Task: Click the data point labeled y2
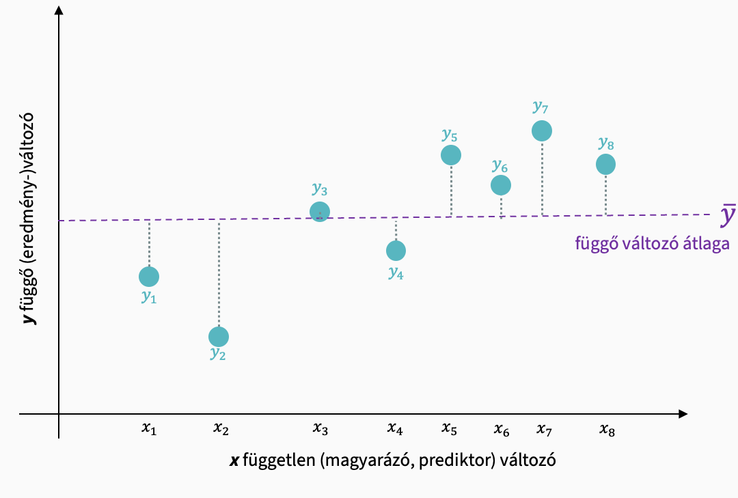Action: (x=219, y=337)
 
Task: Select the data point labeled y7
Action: (x=542, y=130)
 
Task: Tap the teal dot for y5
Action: (x=451, y=155)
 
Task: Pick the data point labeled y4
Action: (x=396, y=251)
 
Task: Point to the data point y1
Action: (x=149, y=277)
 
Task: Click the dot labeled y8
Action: (x=605, y=164)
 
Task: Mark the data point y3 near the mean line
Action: (x=320, y=212)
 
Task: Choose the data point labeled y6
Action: (x=501, y=184)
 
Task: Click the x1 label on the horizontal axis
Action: (x=149, y=430)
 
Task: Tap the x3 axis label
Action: (x=320, y=430)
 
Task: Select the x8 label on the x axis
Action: (x=607, y=430)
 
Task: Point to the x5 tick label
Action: (x=449, y=430)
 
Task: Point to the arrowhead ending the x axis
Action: (x=681, y=414)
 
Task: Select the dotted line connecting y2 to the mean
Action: (x=219, y=273)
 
